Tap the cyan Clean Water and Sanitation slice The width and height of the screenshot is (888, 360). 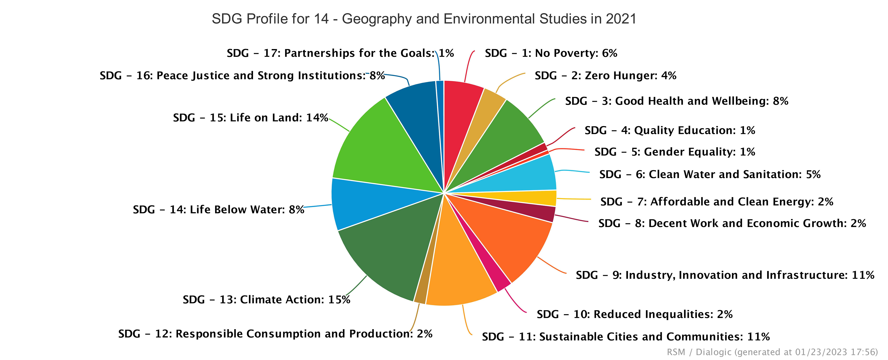527,176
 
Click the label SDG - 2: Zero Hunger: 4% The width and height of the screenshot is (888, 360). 605,76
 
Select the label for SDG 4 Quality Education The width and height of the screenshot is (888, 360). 670,130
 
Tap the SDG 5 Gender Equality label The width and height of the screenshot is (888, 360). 675,152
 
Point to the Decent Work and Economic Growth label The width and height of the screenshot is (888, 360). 732,223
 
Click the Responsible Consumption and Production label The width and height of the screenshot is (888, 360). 275,334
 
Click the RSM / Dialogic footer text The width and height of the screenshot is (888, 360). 772,352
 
